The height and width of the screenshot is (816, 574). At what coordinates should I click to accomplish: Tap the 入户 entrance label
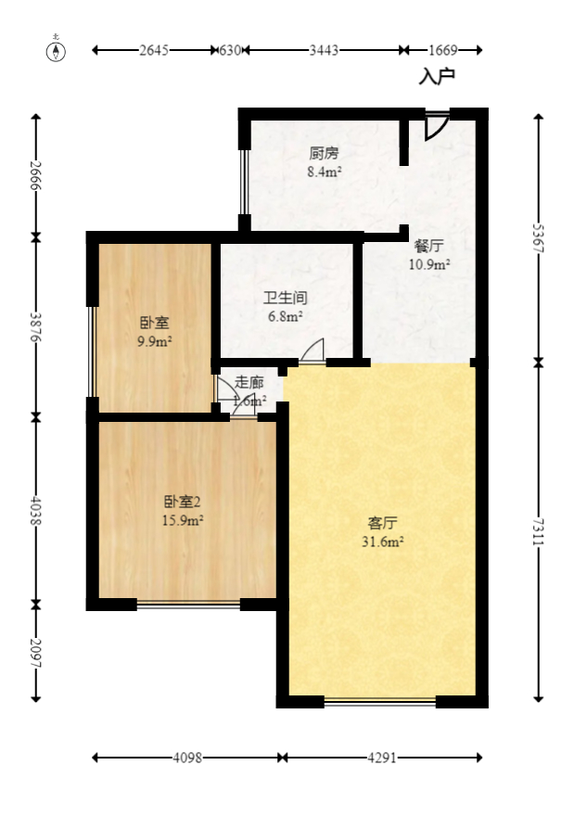[437, 76]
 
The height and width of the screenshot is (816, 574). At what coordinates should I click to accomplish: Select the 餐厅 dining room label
[428, 247]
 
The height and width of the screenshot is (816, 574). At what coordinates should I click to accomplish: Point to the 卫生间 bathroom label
[285, 299]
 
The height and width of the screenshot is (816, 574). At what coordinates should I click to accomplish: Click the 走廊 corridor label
[249, 382]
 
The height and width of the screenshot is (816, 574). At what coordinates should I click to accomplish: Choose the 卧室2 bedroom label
[183, 502]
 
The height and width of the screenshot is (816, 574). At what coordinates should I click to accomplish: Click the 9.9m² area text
[154, 341]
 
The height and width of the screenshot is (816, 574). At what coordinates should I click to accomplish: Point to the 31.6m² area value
[381, 542]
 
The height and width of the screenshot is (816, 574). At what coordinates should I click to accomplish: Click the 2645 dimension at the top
[154, 50]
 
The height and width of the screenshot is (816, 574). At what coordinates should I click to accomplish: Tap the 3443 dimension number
[324, 50]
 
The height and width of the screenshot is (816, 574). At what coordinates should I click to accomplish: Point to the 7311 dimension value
[539, 529]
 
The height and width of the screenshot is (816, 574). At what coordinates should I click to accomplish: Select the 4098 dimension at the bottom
[187, 758]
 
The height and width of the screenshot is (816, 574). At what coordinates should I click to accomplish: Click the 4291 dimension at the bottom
[382, 758]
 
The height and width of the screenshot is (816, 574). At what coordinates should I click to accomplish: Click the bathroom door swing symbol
[313, 351]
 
